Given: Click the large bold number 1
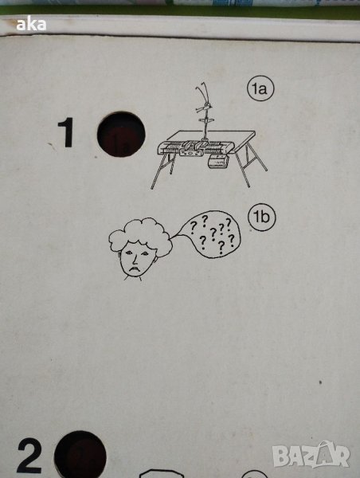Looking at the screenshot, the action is click(66, 132).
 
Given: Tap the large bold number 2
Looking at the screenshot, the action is click(29, 456).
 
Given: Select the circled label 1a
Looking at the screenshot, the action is click(260, 88).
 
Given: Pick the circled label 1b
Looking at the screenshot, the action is click(262, 217).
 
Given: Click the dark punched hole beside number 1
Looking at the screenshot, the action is click(121, 134).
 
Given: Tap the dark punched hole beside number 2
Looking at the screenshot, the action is click(80, 455).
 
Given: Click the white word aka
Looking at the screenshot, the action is click(31, 24).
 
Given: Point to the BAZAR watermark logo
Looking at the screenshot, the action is click(311, 454).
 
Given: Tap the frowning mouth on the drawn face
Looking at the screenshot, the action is click(133, 269).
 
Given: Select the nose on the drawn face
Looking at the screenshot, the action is click(134, 260).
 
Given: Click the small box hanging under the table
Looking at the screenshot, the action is click(218, 161).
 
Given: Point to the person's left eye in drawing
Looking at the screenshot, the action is click(129, 253).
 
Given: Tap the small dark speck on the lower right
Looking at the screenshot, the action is click(320, 382).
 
